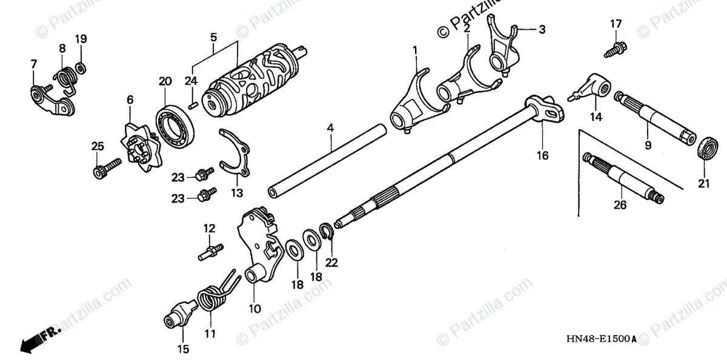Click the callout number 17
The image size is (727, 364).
(616, 24)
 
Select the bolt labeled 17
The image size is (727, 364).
(616, 49)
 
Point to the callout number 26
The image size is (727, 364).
(620, 205)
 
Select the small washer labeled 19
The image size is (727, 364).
(81, 66)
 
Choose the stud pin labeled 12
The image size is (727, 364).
(210, 251)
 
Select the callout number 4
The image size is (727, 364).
(330, 128)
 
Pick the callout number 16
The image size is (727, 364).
(542, 155)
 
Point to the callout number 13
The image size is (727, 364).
(236, 193)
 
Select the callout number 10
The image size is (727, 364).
(254, 308)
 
